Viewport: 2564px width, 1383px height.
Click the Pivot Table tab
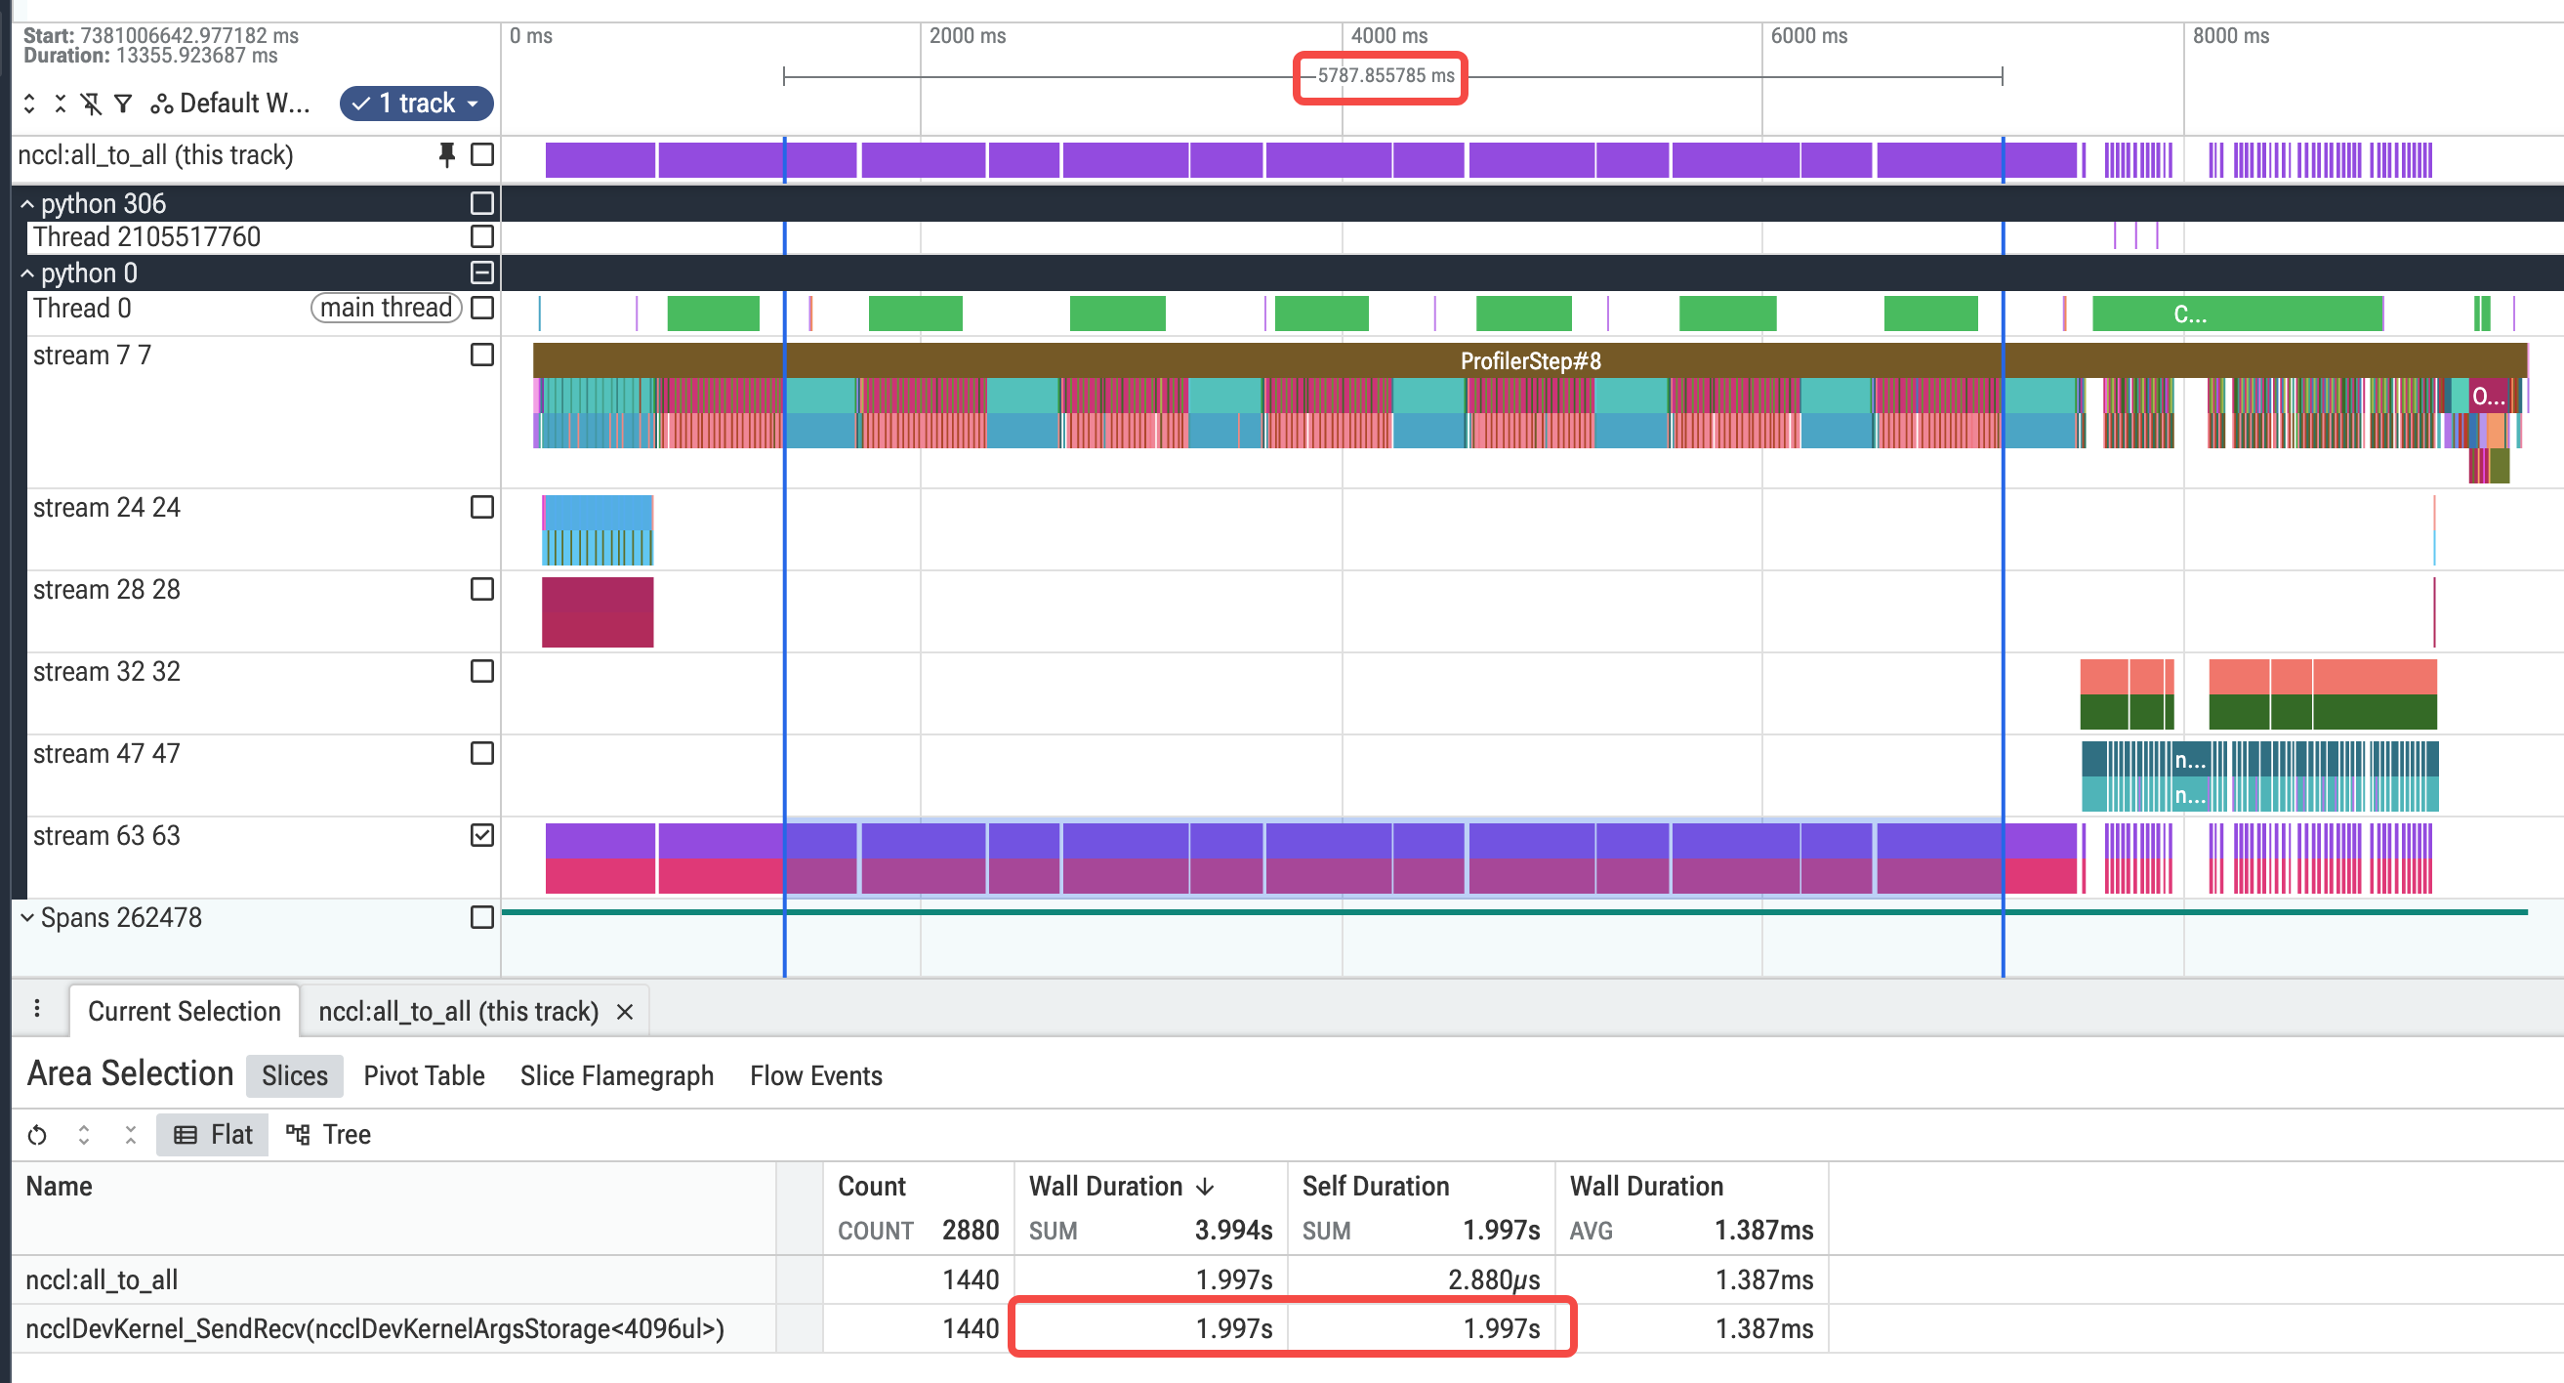coord(424,1075)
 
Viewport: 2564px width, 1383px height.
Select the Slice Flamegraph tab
coord(617,1075)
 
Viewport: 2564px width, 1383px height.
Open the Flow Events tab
coord(816,1075)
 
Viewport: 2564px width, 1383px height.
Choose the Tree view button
coord(328,1134)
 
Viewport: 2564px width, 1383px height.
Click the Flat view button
coord(213,1134)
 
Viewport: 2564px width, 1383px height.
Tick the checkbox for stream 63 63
coord(481,835)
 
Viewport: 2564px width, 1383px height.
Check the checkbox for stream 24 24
coord(481,507)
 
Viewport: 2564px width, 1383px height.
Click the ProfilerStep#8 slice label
coord(1531,360)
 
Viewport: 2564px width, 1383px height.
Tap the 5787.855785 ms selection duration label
coord(1385,75)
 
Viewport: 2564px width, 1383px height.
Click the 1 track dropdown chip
coord(416,103)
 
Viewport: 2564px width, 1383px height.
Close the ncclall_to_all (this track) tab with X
coord(625,1012)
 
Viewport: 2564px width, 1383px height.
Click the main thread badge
coord(387,308)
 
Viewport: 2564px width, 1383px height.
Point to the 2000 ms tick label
coord(968,36)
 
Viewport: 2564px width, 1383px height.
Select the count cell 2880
coord(971,1230)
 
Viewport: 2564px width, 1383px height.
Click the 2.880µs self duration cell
coord(1494,1279)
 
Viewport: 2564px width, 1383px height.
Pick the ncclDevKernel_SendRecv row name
coord(375,1328)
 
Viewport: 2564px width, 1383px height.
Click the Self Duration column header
coord(1376,1186)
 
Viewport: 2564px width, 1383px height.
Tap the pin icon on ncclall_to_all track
coord(447,154)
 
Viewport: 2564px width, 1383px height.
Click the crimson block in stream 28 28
coord(598,612)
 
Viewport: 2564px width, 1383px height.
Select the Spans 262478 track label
coord(121,917)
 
